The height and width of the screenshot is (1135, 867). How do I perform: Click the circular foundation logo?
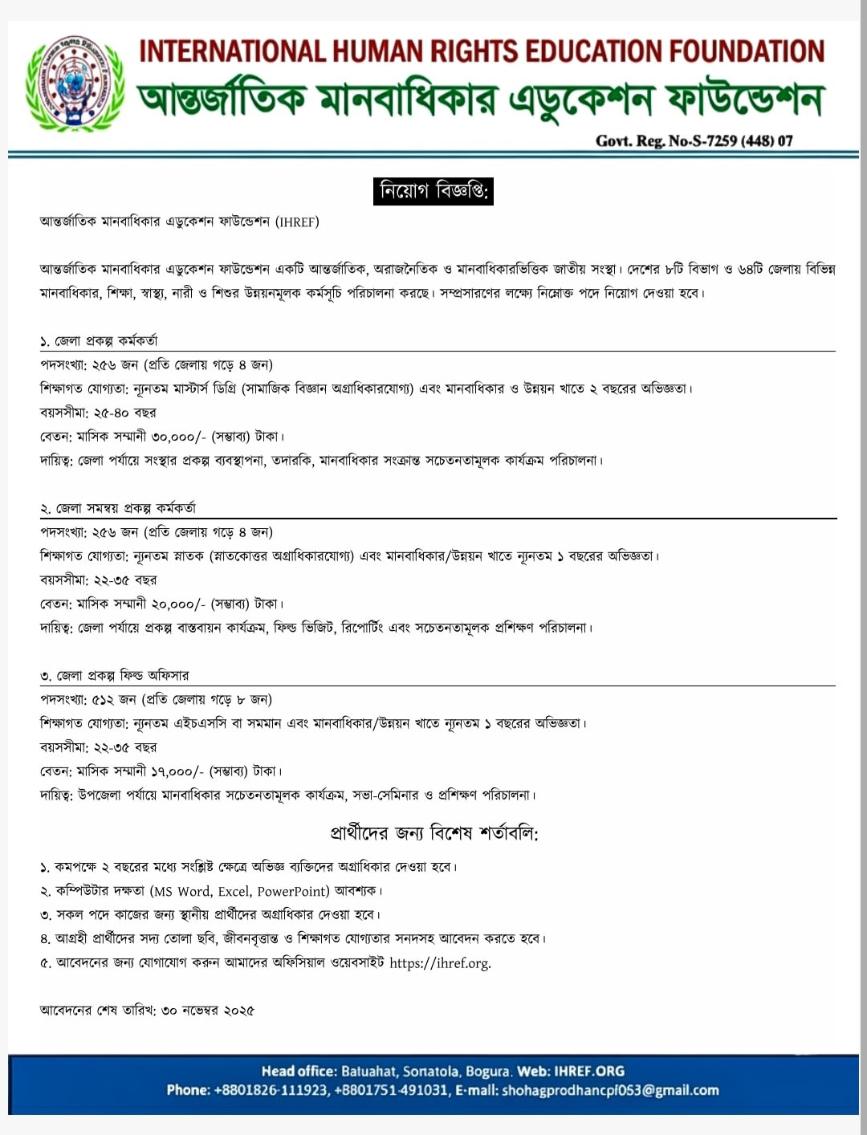tap(75, 84)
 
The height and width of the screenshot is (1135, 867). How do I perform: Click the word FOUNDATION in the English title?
tap(747, 51)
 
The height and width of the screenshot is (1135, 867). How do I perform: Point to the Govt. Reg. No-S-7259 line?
tap(694, 141)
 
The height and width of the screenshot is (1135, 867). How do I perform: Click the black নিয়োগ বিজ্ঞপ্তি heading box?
tap(433, 191)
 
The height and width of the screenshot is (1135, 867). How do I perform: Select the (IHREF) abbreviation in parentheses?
tap(297, 222)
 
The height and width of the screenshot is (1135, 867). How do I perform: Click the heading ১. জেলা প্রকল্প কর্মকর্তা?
tap(100, 341)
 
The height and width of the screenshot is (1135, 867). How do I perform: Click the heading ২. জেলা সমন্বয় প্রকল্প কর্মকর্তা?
tap(118, 508)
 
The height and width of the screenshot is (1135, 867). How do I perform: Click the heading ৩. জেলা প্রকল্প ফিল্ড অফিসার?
tap(115, 676)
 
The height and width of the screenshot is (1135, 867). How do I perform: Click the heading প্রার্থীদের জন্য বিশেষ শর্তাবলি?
tap(433, 833)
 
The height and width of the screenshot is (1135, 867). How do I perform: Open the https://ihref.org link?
tap(440, 963)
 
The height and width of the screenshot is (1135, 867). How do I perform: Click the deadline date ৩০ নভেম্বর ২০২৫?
tap(208, 1011)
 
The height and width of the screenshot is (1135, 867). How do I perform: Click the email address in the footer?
tap(610, 1090)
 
